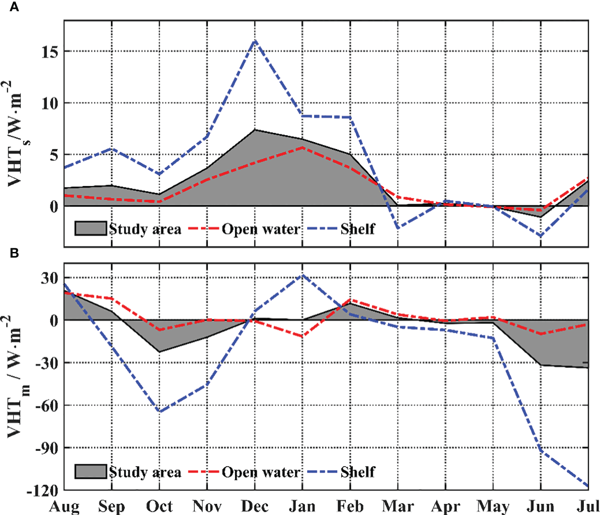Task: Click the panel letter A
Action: [14, 8]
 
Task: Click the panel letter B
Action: [14, 253]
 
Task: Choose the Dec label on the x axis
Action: [255, 506]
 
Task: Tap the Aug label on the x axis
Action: [64, 506]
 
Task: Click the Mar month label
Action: [398, 506]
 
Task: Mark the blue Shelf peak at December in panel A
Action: [255, 41]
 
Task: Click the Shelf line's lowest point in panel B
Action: [588, 486]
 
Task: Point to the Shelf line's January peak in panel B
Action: [303, 275]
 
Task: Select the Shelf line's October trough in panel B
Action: [160, 411]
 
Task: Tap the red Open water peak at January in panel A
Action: [303, 147]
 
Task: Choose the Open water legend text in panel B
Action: [261, 472]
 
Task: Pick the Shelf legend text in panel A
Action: [358, 229]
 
